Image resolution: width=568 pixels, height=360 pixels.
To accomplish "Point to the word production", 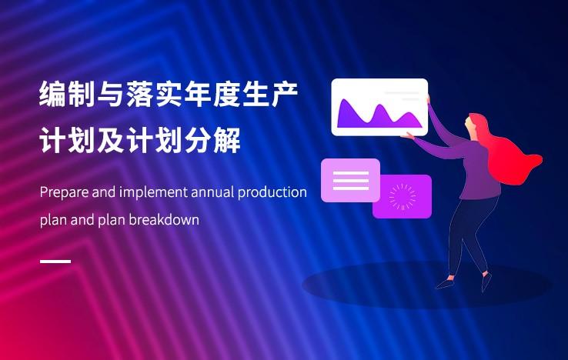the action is pyautogui.click(x=272, y=192).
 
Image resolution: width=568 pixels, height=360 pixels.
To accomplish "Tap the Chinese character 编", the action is pyautogui.click(x=53, y=94).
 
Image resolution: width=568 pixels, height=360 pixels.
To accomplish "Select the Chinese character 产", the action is pyautogui.click(x=284, y=94).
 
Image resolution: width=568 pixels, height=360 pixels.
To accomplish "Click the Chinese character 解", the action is pyautogui.click(x=227, y=140).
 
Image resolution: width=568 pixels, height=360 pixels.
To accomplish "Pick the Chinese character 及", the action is pyautogui.click(x=111, y=140).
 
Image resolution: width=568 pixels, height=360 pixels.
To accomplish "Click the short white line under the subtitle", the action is pyautogui.click(x=55, y=261).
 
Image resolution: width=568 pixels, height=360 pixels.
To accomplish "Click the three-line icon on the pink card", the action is pyautogui.click(x=351, y=180).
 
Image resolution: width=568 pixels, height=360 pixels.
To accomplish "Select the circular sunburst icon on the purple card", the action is pyautogui.click(x=402, y=197).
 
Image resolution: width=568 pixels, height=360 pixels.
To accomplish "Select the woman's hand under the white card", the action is pyautogui.click(x=407, y=136).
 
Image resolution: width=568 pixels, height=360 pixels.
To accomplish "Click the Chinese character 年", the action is pyautogui.click(x=198, y=94).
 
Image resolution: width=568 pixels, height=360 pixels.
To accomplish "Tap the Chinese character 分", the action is pyautogui.click(x=198, y=140).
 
